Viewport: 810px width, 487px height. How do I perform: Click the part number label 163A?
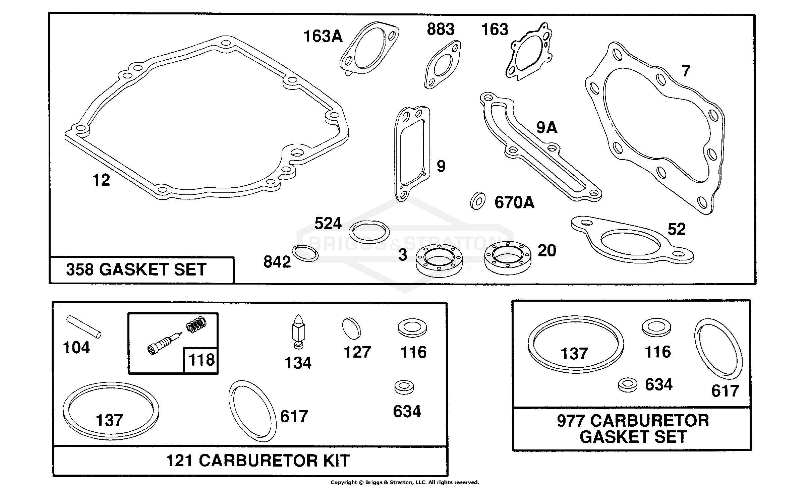coord(323,36)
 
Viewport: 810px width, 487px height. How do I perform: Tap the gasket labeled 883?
coord(442,64)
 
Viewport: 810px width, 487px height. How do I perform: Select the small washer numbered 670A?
coord(477,201)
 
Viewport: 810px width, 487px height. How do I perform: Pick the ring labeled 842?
coord(305,253)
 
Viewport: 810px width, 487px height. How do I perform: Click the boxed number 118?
coord(201,360)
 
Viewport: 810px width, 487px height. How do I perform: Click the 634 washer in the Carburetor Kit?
coord(404,388)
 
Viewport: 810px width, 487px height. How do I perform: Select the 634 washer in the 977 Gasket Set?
coord(628,385)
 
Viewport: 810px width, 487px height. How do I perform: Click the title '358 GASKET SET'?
coord(136,269)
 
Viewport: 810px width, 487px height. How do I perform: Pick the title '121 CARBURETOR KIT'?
coord(258,461)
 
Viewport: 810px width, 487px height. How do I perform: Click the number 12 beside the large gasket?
coord(101,180)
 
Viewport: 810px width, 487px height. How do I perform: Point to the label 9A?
coord(547,128)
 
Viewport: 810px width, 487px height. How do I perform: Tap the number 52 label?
coord(677,229)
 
